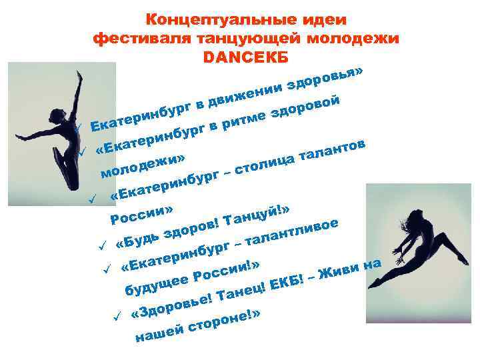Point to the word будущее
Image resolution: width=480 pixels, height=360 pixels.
coord(156,284)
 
